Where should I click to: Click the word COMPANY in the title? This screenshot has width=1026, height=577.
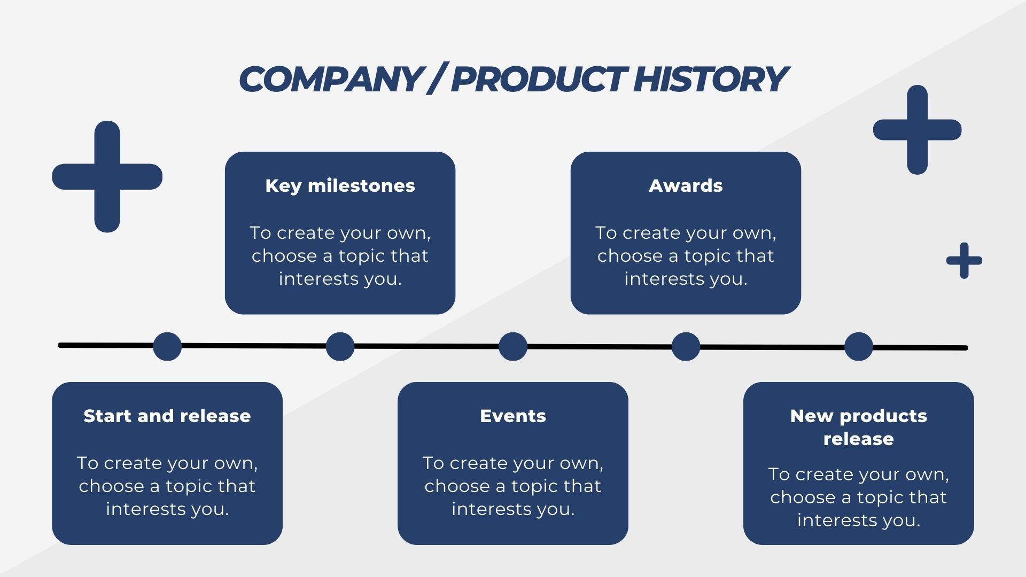tap(330, 79)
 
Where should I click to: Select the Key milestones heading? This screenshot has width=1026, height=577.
tap(340, 186)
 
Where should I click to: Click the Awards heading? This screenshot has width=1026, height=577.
tap(686, 186)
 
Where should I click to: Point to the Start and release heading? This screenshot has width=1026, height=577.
tap(167, 416)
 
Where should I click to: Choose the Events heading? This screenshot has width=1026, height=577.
tap(513, 416)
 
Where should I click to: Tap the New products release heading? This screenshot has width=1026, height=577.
tap(859, 427)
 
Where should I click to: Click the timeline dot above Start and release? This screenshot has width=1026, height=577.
tap(167, 346)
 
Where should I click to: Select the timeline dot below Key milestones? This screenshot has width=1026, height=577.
tap(340, 346)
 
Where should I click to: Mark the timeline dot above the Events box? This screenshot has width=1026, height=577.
tap(513, 346)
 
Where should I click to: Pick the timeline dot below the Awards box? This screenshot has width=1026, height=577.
tap(686, 346)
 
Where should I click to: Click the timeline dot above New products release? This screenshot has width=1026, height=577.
tap(859, 346)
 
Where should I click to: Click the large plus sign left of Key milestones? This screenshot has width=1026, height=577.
tap(107, 177)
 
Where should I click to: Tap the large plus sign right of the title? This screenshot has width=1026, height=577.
tap(918, 130)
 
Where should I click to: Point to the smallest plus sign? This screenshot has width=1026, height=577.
tap(965, 261)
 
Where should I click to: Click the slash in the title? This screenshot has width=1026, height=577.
tap(437, 79)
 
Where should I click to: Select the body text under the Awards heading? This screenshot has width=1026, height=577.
tap(686, 256)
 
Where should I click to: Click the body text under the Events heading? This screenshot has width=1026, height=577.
tap(513, 486)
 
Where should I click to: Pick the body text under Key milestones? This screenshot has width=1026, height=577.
tap(340, 256)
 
